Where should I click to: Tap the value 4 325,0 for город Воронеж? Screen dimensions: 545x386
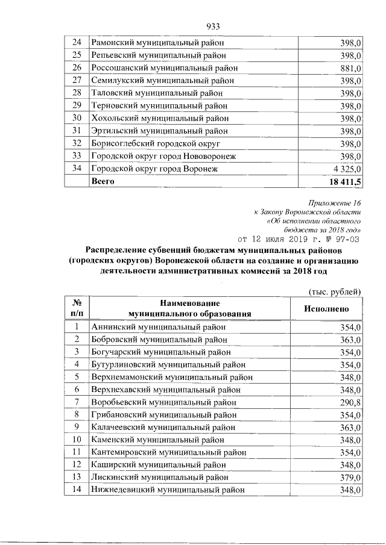pyautogui.click(x=344, y=169)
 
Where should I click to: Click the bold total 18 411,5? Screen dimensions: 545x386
pyautogui.click(x=342, y=182)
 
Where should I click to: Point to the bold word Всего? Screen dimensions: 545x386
pyautogui.click(x=102, y=181)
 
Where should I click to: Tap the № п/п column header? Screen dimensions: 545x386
pyautogui.click(x=77, y=308)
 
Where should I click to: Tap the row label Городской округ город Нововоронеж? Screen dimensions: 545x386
pyautogui.click(x=163, y=157)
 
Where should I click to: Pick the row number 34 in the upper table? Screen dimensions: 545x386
pyautogui.click(x=77, y=169)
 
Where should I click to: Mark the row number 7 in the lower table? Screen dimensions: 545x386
pyautogui.click(x=77, y=402)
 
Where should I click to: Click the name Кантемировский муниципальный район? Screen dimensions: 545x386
pyautogui.click(x=168, y=452)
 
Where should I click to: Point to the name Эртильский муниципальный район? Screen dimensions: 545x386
pyautogui.click(x=159, y=131)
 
